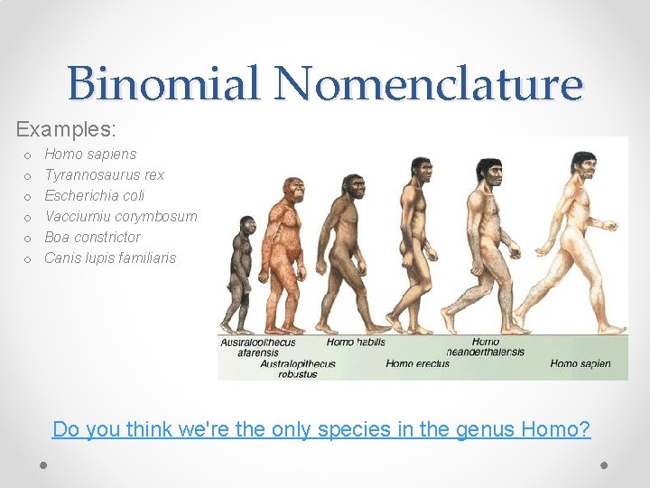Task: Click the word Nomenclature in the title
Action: (x=430, y=84)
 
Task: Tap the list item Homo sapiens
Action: (x=90, y=154)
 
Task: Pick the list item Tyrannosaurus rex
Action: (x=104, y=174)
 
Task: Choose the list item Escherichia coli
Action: (x=94, y=195)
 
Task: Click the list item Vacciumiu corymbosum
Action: (x=120, y=216)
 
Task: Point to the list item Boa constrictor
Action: (x=92, y=237)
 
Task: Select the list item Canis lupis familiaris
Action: (x=110, y=258)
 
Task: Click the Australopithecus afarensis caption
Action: (x=257, y=348)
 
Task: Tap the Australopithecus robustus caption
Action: (x=297, y=369)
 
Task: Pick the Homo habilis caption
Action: (x=356, y=343)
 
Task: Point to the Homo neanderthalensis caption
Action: (x=485, y=348)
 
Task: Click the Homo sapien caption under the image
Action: (x=580, y=363)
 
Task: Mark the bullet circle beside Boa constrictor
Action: (x=28, y=238)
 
